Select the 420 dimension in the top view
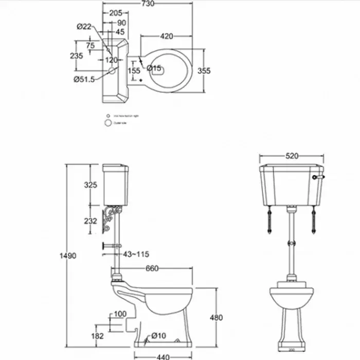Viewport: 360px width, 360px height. tap(166, 36)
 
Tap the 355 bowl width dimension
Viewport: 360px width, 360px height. tap(204, 71)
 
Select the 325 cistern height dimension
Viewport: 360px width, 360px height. tap(91, 185)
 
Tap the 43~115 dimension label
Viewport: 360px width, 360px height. tap(136, 254)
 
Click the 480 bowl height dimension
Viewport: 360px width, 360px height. tap(216, 317)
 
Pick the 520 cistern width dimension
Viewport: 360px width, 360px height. tap(292, 155)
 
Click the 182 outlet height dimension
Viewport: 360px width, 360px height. tap(97, 336)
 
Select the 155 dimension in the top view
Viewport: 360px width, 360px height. tap(134, 71)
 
